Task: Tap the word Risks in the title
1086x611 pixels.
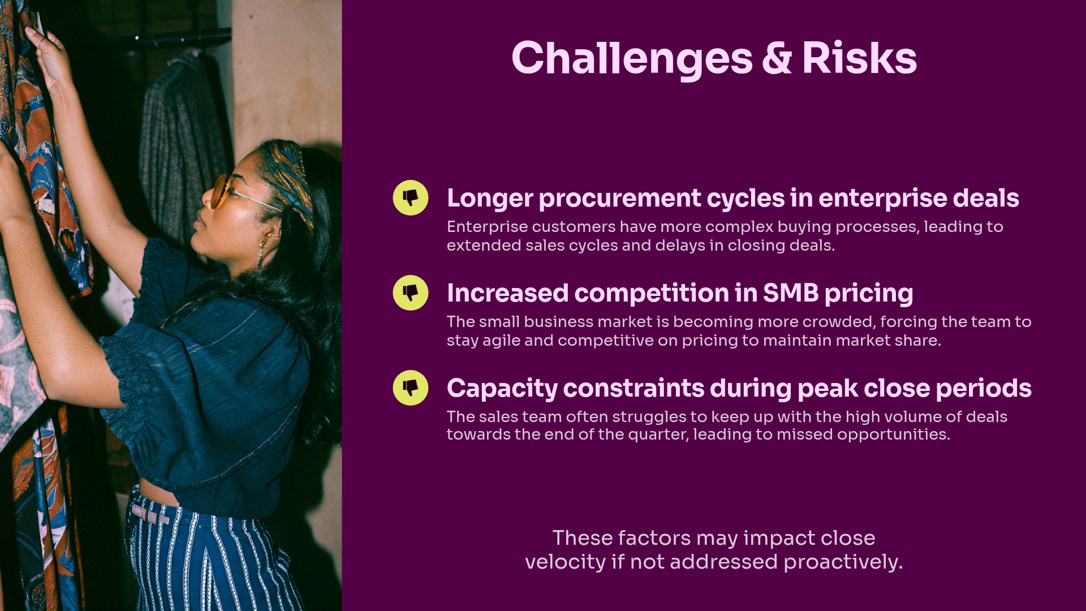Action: (x=859, y=59)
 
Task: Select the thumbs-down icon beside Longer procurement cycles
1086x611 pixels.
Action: (x=411, y=198)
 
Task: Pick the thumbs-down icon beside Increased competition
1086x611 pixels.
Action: (x=411, y=293)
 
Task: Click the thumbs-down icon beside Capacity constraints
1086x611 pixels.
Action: (x=411, y=388)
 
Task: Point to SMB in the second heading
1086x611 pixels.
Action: (x=790, y=293)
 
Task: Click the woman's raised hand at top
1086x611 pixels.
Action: (x=51, y=57)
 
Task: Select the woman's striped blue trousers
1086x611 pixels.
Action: (x=209, y=560)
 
